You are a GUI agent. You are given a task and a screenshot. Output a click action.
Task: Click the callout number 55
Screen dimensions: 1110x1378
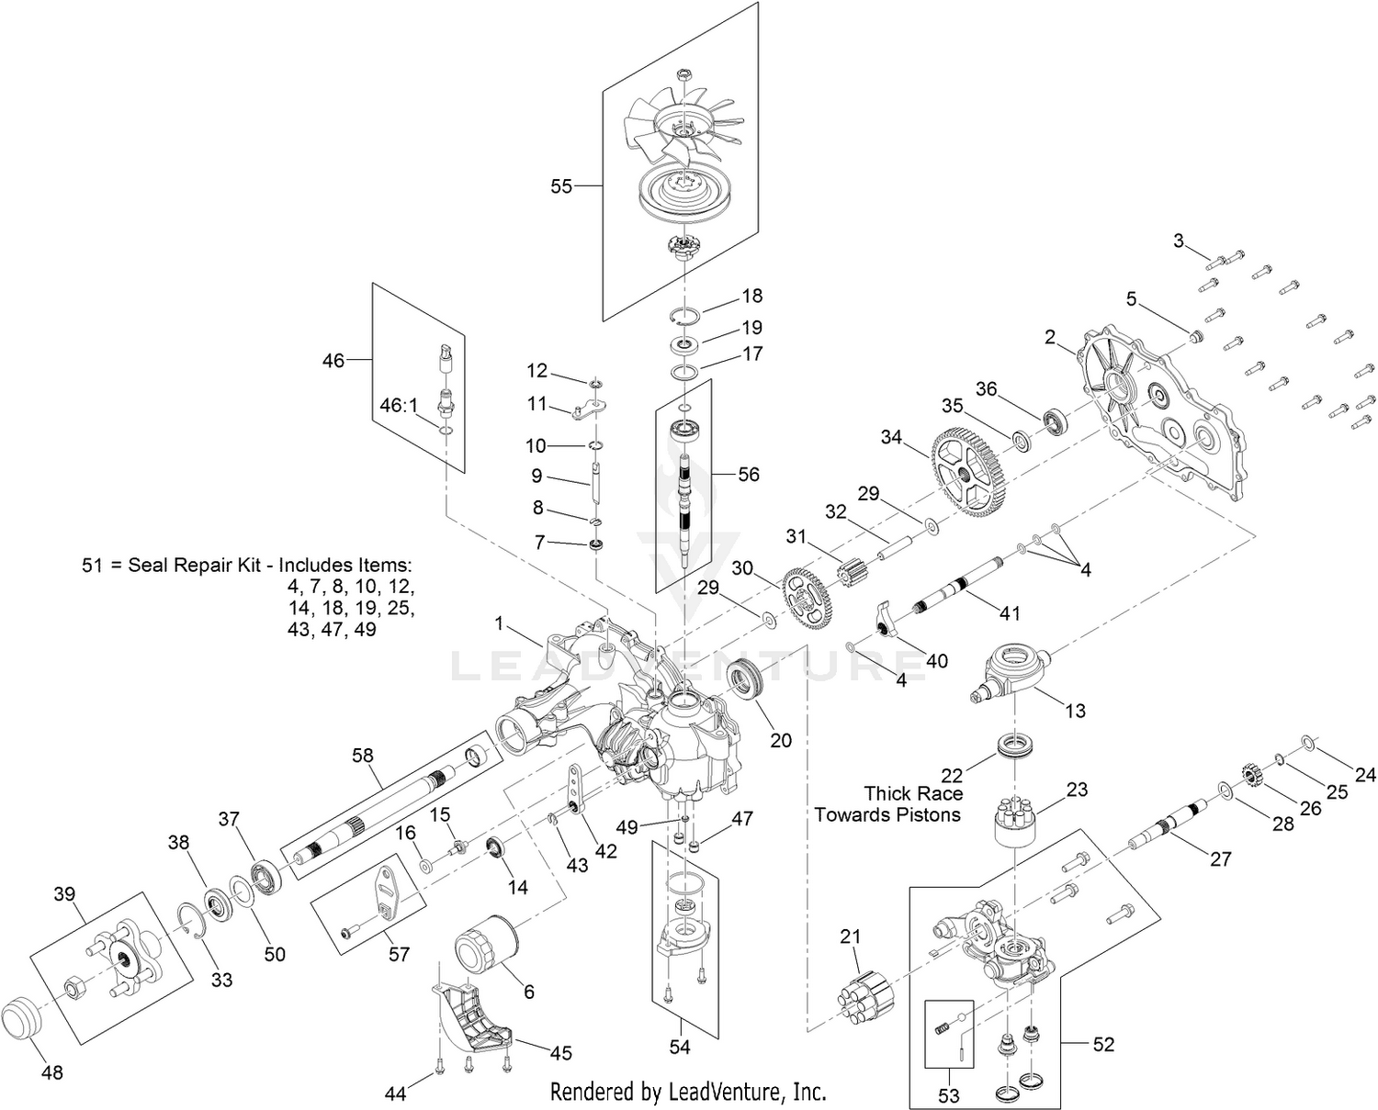(x=561, y=186)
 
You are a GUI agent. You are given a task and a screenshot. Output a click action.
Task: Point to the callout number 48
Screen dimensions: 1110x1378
(x=52, y=1071)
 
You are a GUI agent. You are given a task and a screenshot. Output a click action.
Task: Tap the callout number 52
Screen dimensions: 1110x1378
(x=1103, y=1044)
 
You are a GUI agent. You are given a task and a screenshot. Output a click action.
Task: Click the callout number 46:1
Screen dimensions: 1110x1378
(x=400, y=405)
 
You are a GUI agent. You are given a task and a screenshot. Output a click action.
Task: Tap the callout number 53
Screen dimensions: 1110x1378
(x=949, y=1095)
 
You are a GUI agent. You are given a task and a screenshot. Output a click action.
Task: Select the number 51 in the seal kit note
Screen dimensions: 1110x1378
(x=93, y=565)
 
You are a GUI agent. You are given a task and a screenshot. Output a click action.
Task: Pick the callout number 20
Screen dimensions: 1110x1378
(x=781, y=740)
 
